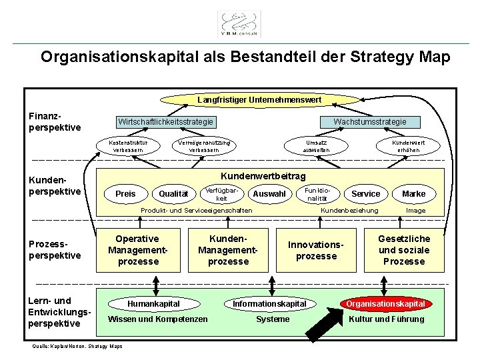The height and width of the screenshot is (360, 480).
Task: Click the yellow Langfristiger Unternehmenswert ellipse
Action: (259, 99)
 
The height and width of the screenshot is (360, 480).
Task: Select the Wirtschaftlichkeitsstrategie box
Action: (166, 122)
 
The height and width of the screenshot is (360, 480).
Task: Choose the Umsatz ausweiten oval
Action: (316, 146)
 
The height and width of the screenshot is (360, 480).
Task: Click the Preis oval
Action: (125, 193)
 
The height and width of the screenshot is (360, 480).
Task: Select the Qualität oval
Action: (173, 193)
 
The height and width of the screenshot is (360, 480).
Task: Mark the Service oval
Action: (365, 193)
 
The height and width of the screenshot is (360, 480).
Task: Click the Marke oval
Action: (413, 193)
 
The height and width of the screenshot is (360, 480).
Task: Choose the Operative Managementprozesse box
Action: (137, 250)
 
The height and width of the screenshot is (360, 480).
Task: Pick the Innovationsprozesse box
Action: (316, 251)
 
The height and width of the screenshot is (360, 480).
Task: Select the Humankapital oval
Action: (153, 304)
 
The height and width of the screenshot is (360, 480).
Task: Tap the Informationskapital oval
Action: (269, 304)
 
